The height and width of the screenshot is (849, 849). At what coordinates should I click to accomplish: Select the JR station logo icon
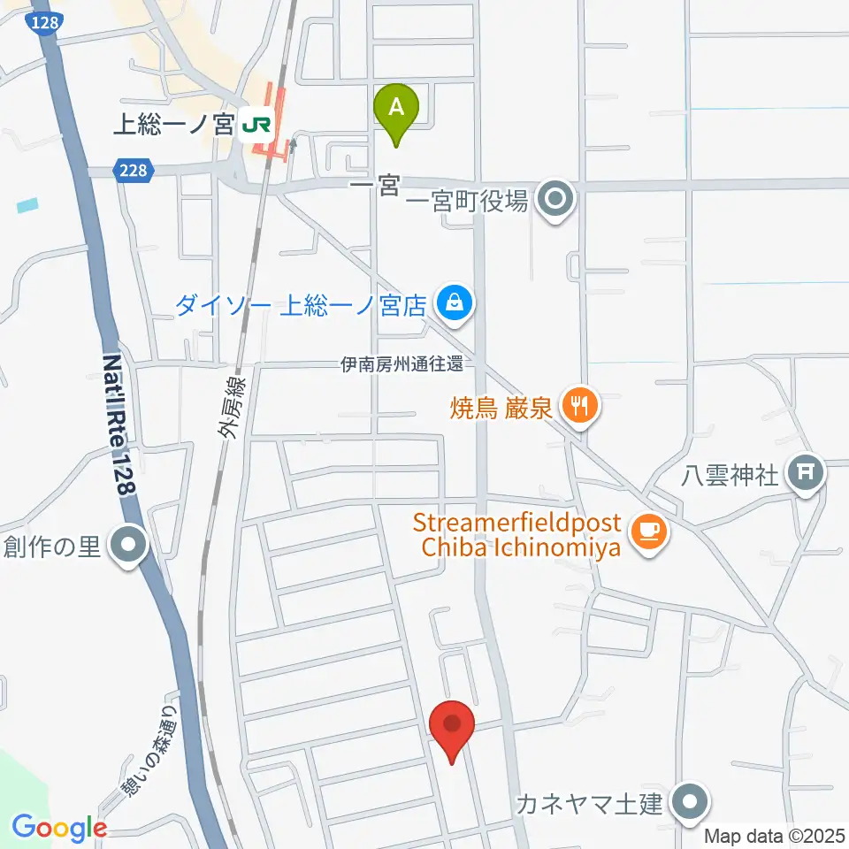tap(256, 125)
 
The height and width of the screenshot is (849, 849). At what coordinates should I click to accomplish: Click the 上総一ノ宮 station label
tap(172, 125)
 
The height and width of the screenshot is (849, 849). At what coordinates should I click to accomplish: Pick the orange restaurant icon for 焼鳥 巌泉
tap(581, 408)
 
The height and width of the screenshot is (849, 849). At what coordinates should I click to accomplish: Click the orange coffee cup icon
tap(651, 532)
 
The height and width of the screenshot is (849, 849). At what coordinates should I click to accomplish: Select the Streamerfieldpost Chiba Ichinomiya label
tap(521, 534)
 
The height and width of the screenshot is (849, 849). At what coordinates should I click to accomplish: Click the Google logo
tap(59, 828)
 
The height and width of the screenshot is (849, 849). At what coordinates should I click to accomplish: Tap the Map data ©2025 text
tap(775, 836)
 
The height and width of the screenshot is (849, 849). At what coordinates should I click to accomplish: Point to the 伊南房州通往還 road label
tap(402, 363)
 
